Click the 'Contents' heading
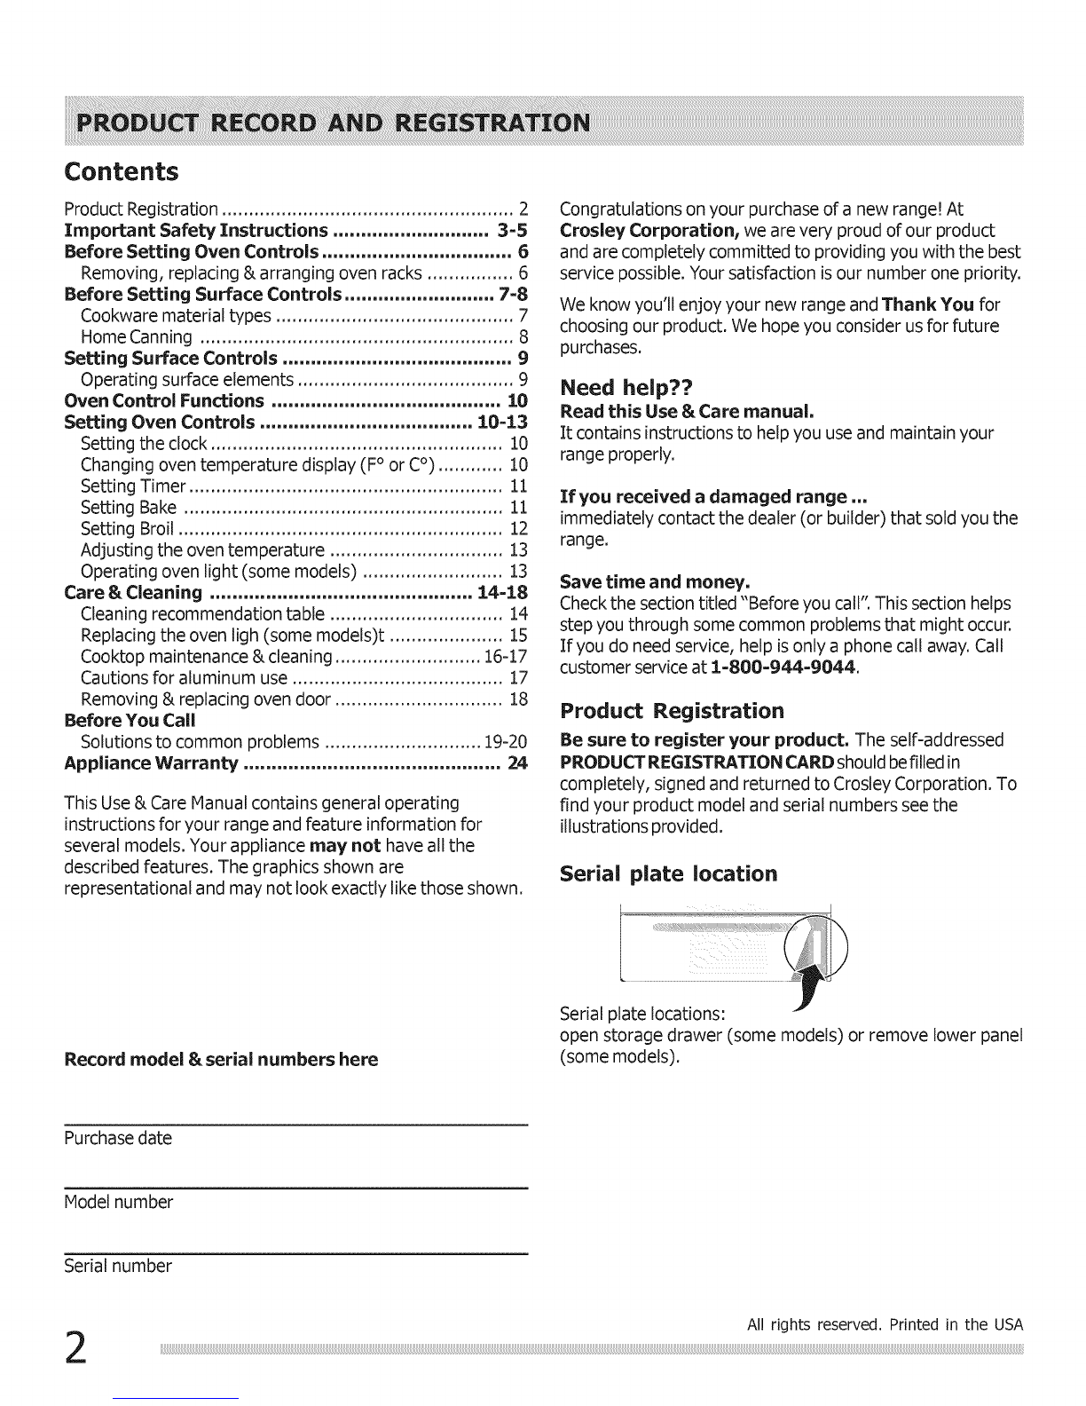(122, 171)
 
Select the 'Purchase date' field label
(118, 1139)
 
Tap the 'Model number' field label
(118, 1203)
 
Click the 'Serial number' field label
(118, 1266)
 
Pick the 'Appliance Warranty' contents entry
(152, 763)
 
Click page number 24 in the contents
(516, 763)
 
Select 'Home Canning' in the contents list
(137, 337)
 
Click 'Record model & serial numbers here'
(221, 1059)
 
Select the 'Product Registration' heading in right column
(673, 711)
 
